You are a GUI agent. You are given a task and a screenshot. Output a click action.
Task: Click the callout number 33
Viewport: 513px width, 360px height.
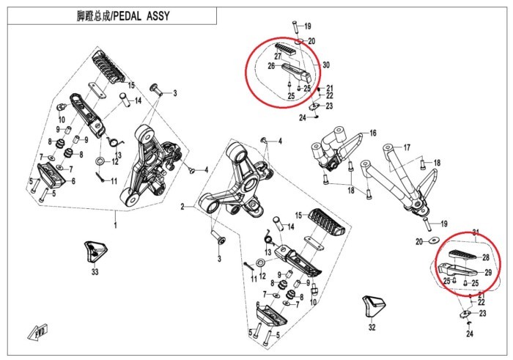[x=94, y=272]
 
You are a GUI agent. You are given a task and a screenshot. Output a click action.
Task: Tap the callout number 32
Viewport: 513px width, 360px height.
[x=372, y=326]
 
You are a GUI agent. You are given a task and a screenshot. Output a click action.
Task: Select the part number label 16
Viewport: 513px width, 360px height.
[x=372, y=133]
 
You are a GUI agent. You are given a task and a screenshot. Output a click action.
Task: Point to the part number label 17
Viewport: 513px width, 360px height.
[x=407, y=147]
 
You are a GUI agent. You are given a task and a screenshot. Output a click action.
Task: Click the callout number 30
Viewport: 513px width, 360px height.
[x=325, y=65]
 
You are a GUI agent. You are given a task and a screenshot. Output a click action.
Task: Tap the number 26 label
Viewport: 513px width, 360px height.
[x=270, y=67]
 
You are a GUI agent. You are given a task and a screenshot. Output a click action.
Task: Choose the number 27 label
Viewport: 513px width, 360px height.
[x=278, y=56]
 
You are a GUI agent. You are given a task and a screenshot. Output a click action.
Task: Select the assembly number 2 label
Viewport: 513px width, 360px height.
[x=182, y=207]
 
